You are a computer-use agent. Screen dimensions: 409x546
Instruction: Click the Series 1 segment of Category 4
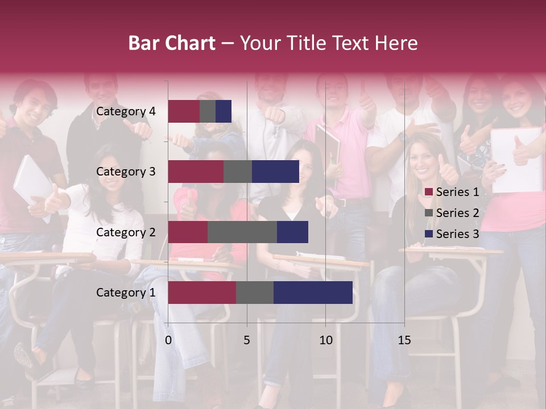pos(184,111)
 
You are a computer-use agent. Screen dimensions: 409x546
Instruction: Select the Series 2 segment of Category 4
pos(208,111)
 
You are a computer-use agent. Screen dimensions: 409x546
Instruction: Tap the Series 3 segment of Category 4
pos(224,111)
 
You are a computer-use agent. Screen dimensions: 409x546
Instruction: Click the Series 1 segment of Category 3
pos(196,172)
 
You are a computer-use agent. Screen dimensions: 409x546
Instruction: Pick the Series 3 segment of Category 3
pos(275,172)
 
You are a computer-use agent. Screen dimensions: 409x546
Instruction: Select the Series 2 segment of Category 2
pos(242,232)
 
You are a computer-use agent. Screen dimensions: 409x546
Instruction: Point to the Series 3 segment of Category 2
pos(292,232)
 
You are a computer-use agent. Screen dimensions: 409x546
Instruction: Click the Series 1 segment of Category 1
pos(202,293)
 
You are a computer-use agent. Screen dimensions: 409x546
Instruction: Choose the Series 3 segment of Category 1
pos(313,293)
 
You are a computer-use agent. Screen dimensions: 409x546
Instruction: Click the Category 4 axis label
pos(126,111)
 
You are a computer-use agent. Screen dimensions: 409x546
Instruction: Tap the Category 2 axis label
pos(126,232)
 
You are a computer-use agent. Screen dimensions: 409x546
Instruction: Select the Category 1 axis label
pos(126,293)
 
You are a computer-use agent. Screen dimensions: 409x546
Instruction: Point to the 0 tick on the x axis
pos(168,340)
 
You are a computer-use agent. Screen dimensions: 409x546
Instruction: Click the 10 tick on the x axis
pos(325,340)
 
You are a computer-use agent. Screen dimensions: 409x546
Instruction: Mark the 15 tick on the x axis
pos(404,340)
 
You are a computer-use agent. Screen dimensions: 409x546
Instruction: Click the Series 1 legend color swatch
pos(429,192)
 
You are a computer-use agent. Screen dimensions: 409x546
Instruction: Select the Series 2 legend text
pos(457,213)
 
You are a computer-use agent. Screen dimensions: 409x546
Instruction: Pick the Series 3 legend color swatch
pos(429,234)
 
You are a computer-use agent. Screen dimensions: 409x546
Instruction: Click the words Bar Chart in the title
pos(172,43)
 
